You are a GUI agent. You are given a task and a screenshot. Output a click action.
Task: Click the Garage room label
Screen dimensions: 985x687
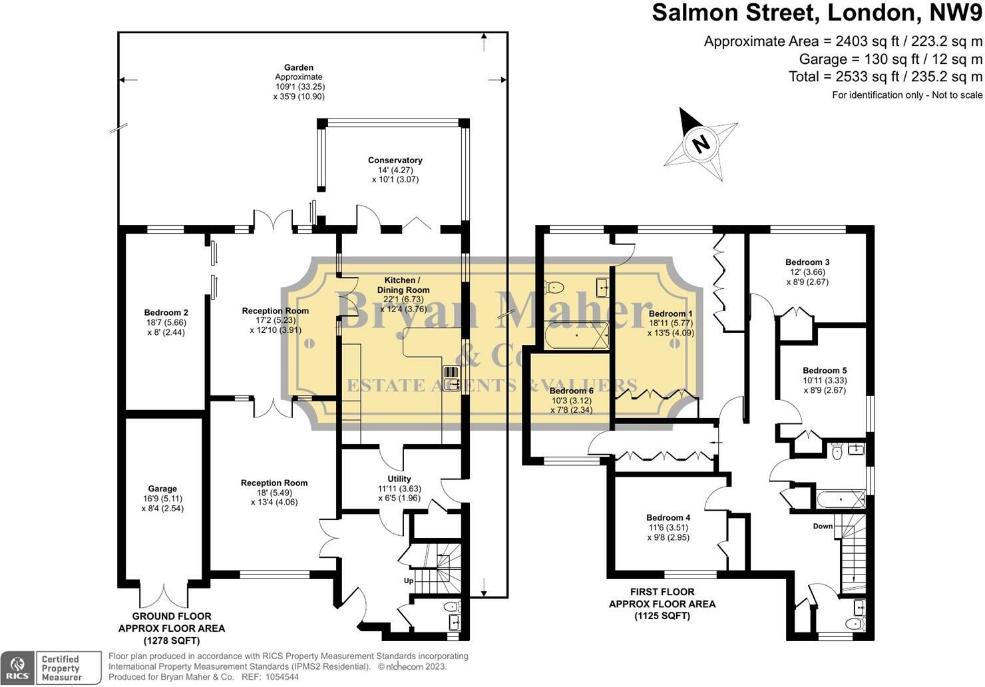pos(162,489)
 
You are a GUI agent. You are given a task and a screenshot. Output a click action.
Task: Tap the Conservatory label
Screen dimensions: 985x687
pos(395,160)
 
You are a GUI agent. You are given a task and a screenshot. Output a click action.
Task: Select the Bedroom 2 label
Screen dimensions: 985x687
pos(166,313)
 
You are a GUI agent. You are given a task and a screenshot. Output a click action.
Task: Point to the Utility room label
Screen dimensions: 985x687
pos(399,479)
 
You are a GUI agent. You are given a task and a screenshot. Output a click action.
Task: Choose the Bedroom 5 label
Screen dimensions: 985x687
pos(825,370)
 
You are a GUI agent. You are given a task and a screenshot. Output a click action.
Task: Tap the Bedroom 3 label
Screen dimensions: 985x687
pos(807,262)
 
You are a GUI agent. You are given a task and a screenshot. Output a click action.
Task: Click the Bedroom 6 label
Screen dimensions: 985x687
pos(571,391)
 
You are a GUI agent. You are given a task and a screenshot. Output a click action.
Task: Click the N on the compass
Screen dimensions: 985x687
pos(701,143)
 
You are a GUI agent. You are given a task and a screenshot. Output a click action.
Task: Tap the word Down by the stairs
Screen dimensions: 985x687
pos(823,526)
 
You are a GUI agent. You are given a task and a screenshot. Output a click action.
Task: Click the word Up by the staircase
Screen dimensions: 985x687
pos(409,580)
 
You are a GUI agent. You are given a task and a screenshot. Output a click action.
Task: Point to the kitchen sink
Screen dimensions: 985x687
pos(452,378)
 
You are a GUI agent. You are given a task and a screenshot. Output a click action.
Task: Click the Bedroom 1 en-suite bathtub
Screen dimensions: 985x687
pos(577,336)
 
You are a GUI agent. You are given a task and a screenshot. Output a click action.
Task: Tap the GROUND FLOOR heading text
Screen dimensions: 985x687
pos(172,616)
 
